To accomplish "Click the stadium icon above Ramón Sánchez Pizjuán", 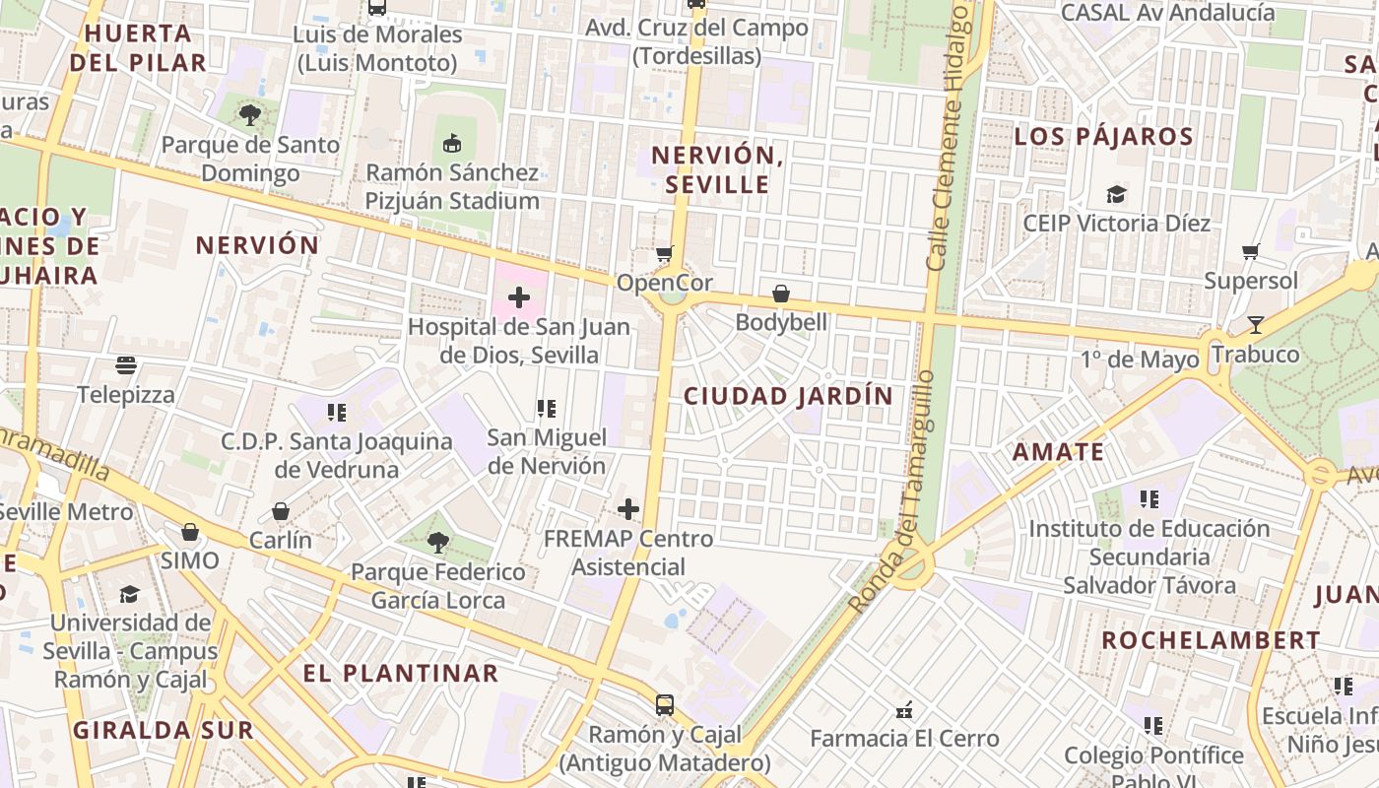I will tap(452, 144).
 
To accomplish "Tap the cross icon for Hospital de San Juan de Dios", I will tap(519, 297).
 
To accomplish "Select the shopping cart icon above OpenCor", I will tap(665, 254).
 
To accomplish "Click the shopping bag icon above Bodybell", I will tap(781, 294).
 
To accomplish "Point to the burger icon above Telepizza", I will tap(126, 366).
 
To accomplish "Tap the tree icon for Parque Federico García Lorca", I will tap(438, 542).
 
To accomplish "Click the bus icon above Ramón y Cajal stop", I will tap(665, 705).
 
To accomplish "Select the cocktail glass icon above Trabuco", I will tap(1255, 324).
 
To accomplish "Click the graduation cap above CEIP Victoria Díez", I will tap(1116, 194).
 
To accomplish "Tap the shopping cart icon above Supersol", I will tap(1251, 251).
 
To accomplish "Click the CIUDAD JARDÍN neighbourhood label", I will tap(788, 396).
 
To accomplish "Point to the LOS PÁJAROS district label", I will tap(1103, 136).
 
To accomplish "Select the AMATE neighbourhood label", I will tap(1059, 452).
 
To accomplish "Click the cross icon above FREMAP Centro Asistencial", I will tap(628, 509).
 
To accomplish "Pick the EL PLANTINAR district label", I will tap(400, 674).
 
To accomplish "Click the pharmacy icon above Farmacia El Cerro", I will tap(904, 709).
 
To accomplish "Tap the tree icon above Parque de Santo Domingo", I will tap(250, 115).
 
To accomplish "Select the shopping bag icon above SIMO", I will tap(190, 532).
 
